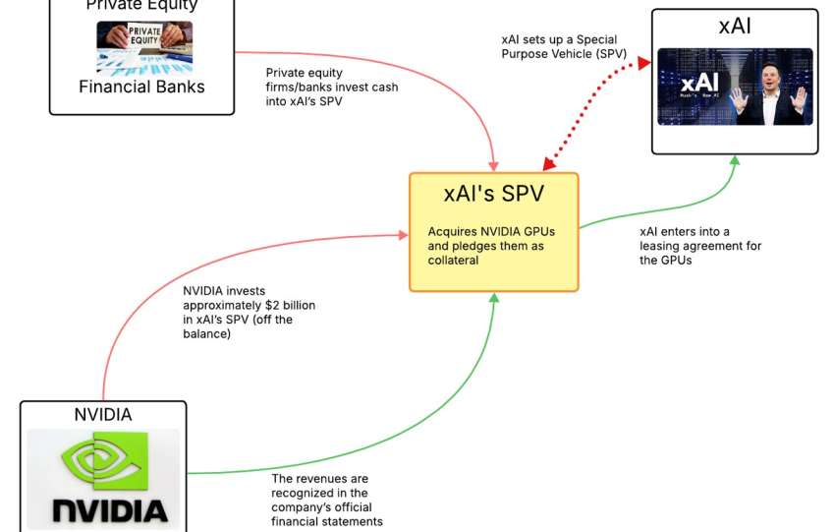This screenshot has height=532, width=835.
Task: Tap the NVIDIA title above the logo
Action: point(103,414)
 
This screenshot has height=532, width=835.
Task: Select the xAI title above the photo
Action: point(735,27)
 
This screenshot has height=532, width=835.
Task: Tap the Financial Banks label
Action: point(142,87)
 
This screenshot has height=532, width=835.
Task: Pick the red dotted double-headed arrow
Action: point(594,111)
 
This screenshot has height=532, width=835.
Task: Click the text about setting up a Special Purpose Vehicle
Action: point(559,46)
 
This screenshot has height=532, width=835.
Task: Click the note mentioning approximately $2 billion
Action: point(249,313)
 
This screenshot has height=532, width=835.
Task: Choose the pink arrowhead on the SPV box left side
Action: point(403,234)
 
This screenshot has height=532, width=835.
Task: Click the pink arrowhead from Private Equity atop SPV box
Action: point(493,164)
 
